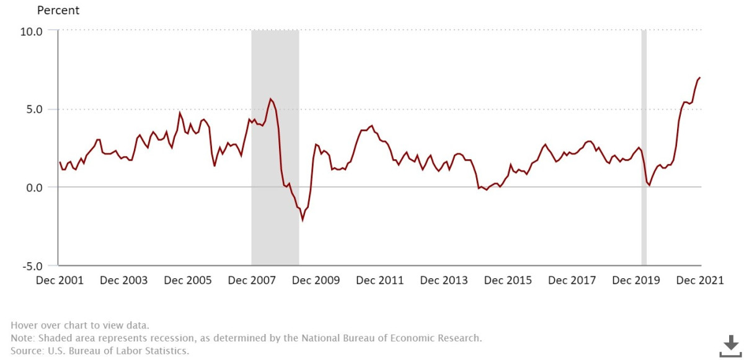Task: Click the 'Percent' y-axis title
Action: tap(58, 11)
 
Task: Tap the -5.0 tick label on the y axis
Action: tap(30, 266)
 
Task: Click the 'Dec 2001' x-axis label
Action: tap(60, 281)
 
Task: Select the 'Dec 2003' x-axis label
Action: tap(124, 281)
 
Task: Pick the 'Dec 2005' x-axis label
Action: tap(188, 281)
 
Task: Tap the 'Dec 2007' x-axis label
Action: tap(252, 281)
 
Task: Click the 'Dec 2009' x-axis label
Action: tap(316, 281)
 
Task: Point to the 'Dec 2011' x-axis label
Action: tap(380, 281)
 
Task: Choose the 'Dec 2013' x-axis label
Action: tap(444, 281)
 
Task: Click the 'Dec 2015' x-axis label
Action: tap(508, 281)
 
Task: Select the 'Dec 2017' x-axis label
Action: tap(572, 281)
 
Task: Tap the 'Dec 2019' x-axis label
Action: tap(636, 281)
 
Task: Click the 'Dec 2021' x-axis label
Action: tap(700, 281)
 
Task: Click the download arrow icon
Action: tap(730, 345)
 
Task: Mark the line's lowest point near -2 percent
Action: tap(303, 219)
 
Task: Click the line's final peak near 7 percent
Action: tap(699, 77)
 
